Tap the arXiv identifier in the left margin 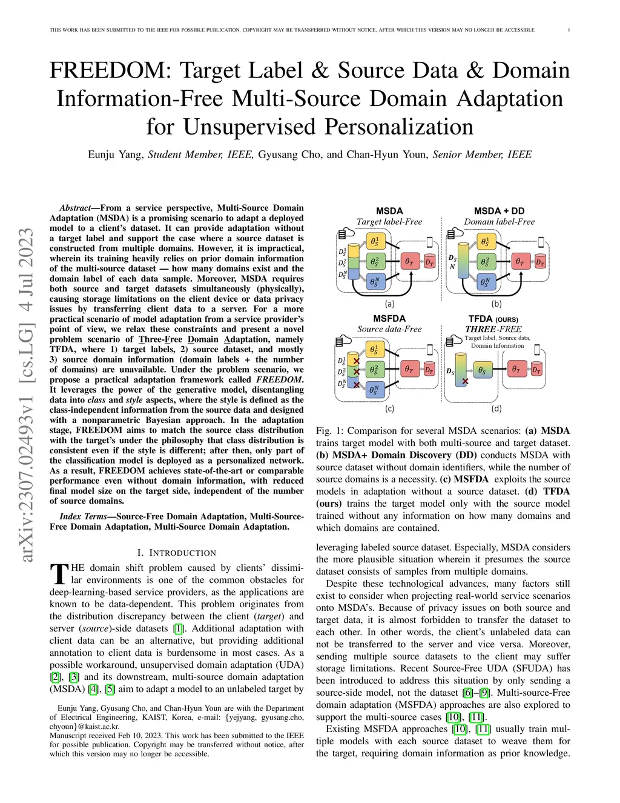coord(26,394)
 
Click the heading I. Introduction coord(176,553)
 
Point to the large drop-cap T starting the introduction coord(59,574)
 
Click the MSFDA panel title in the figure coord(389,318)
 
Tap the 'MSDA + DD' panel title coord(499,211)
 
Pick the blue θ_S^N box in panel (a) coord(375,282)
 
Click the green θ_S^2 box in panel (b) coord(485,262)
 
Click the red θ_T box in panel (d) coord(516,368)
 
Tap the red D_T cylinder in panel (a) coord(429,262)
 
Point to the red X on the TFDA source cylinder coord(465,381)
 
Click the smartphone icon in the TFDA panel coord(539,350)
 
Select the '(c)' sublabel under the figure coord(389,409)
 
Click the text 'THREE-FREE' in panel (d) coord(493,329)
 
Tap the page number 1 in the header coord(569,30)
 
